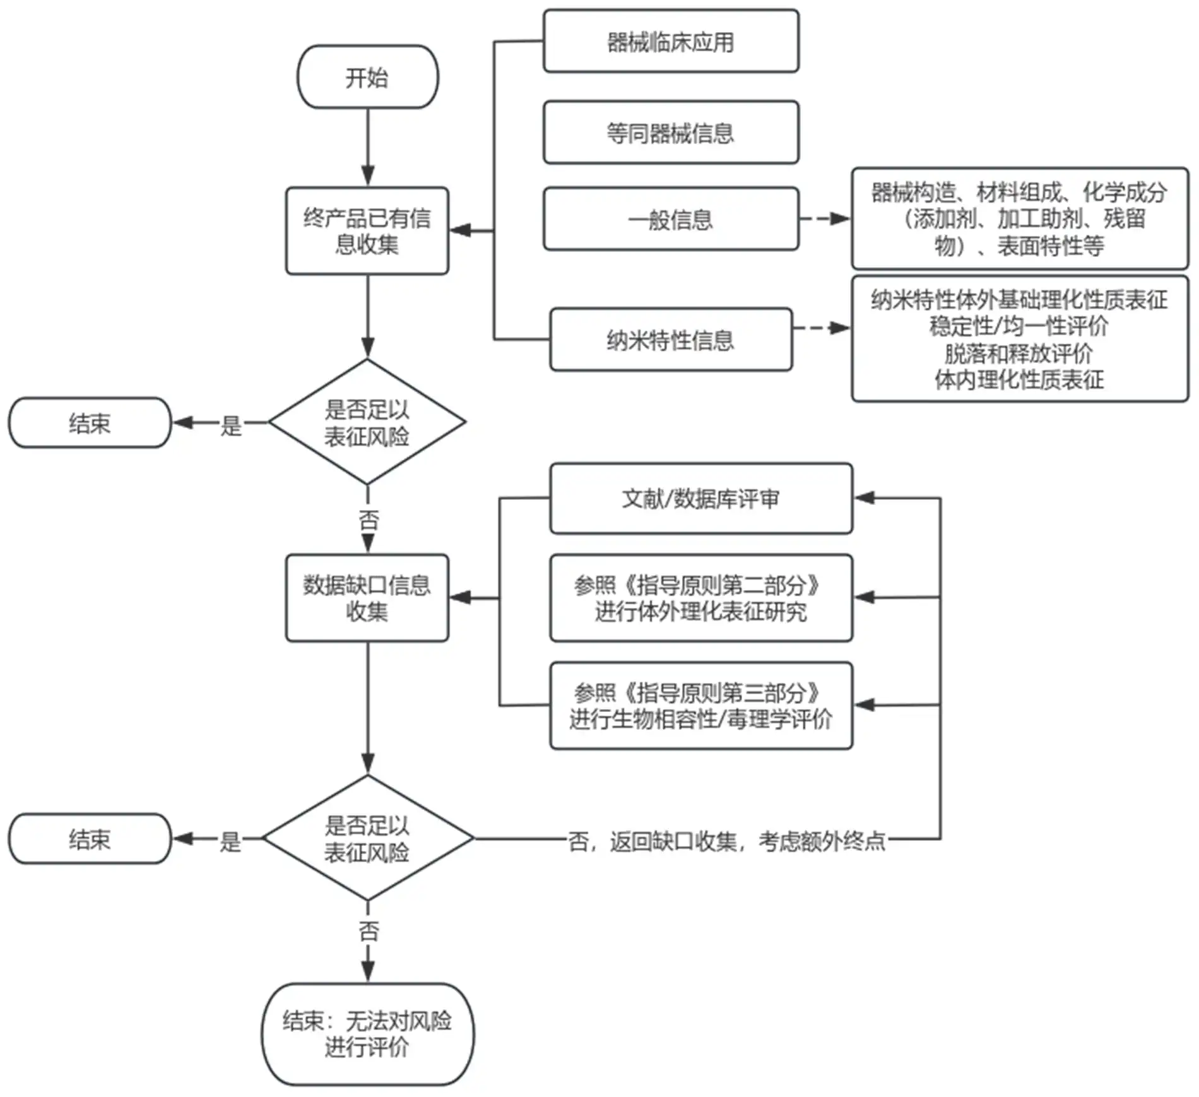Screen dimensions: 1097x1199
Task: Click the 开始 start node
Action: coord(367,77)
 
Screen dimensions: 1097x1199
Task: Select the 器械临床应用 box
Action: coord(670,42)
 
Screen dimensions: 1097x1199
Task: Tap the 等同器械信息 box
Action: coord(670,133)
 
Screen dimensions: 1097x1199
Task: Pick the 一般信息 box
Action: coord(670,219)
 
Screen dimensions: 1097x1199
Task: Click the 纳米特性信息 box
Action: coord(670,340)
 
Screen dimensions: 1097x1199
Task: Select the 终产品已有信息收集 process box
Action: coord(367,230)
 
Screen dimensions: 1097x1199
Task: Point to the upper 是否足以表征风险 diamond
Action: coord(367,422)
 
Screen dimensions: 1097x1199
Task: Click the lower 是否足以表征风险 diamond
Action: coord(367,838)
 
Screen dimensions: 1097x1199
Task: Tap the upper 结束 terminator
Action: coord(90,422)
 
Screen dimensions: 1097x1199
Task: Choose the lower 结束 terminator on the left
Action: coord(90,838)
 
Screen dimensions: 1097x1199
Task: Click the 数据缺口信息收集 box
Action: coord(367,598)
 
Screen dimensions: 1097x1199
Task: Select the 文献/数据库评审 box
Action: coord(700,499)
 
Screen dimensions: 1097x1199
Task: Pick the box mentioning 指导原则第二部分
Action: coord(700,598)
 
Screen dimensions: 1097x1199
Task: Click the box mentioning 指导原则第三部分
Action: coord(700,705)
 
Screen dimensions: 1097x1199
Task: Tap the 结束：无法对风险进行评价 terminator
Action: coord(367,1033)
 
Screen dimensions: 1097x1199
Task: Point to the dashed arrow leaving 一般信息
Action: coord(824,219)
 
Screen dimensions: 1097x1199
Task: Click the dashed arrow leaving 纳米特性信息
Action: coord(820,328)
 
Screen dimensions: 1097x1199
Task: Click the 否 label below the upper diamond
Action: coord(369,521)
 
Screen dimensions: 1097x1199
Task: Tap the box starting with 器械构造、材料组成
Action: coord(1019,218)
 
